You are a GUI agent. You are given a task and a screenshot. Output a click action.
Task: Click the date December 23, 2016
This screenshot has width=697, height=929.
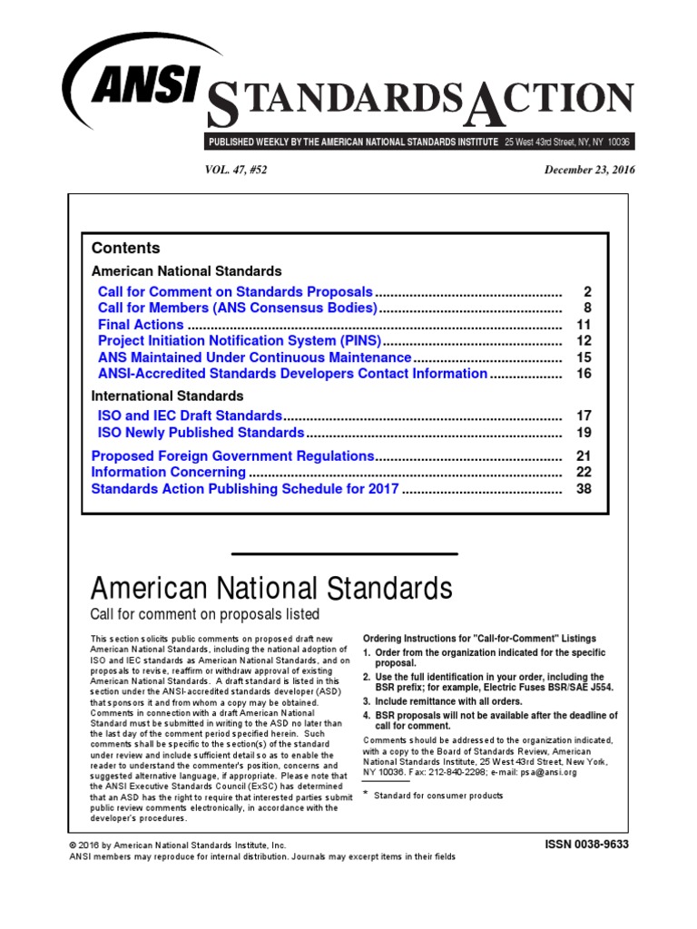[589, 170]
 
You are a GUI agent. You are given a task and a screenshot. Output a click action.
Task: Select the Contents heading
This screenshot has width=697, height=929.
[125, 248]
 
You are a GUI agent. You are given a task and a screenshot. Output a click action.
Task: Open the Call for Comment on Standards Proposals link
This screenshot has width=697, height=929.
[235, 292]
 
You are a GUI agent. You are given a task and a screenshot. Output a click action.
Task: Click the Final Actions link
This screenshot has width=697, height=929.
[141, 325]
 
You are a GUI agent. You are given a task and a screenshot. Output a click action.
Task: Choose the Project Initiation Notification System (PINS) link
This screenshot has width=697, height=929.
[240, 341]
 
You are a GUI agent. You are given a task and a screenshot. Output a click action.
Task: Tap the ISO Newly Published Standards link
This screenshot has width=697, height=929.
[201, 433]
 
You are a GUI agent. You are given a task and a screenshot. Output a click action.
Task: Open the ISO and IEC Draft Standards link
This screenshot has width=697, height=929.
[190, 416]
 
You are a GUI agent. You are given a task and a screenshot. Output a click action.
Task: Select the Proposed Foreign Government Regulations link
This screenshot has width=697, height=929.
[232, 455]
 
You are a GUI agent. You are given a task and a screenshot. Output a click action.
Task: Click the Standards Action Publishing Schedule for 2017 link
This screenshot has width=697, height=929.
[245, 489]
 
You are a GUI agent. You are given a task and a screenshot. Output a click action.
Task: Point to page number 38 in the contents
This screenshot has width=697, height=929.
[584, 489]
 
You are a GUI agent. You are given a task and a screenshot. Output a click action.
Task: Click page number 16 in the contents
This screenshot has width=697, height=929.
[584, 374]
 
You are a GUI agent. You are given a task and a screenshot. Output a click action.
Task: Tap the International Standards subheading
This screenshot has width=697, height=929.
[167, 396]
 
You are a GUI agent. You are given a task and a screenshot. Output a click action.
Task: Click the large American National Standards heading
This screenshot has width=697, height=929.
[271, 588]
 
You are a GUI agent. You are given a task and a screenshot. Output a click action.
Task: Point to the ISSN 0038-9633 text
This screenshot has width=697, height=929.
[585, 844]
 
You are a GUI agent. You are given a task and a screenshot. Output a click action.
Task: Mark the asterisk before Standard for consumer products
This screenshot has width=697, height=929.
[366, 794]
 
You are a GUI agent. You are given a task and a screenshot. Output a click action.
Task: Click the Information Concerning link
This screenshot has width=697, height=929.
[168, 473]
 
